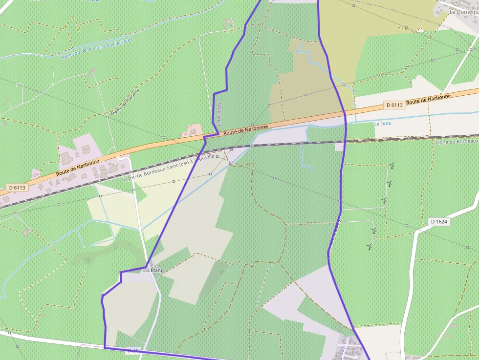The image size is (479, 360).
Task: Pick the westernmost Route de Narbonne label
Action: pos(78,167)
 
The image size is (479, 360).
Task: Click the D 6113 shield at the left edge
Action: pos(17,187)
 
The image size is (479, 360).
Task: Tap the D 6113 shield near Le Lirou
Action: pos(394,105)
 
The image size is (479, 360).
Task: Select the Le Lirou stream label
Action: pos(383,124)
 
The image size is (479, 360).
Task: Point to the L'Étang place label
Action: pos(155,270)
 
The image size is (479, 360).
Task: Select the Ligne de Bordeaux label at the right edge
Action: pos(457,141)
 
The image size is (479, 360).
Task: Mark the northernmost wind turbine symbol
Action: pos(392,166)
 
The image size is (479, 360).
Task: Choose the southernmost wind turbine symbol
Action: pos(370,247)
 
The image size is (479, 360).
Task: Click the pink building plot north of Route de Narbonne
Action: pos(192,130)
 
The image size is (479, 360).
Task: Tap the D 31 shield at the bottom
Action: pos(132,351)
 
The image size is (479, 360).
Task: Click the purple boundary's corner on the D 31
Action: pos(105,347)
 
